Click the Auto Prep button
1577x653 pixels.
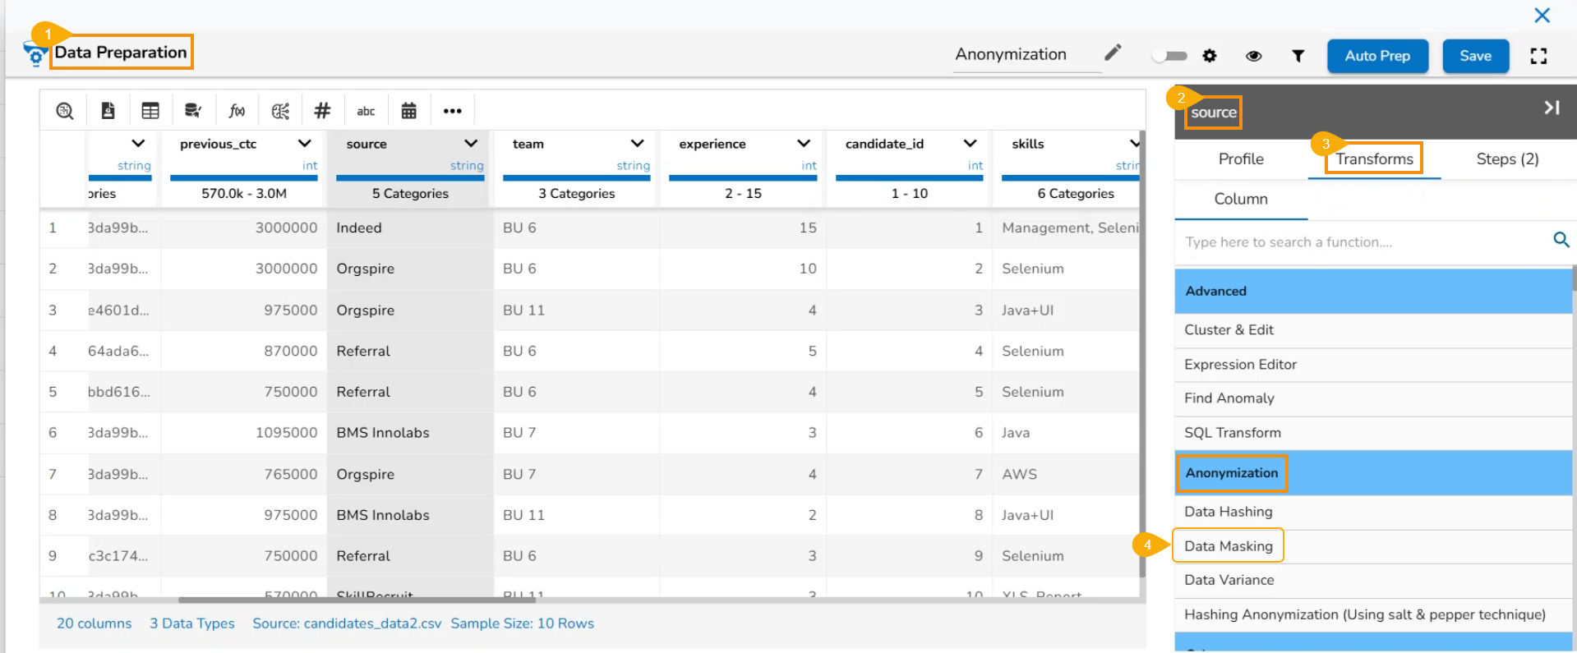[x=1377, y=56]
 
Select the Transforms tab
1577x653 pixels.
[x=1374, y=159]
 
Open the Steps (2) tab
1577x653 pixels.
[x=1507, y=159]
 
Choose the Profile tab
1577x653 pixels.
[x=1241, y=159]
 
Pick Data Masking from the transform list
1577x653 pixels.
[x=1228, y=546]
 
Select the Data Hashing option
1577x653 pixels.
[x=1228, y=512]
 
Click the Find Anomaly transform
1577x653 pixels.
[x=1229, y=398]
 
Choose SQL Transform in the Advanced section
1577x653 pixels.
[x=1232, y=433]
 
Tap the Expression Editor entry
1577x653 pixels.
[x=1240, y=365]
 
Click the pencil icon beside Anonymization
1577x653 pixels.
[x=1113, y=53]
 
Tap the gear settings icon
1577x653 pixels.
[x=1210, y=56]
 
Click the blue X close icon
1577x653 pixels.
[x=1542, y=15]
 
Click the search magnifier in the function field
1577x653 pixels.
[x=1561, y=240]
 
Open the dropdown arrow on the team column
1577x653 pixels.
[x=637, y=144]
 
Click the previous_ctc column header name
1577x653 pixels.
[x=218, y=144]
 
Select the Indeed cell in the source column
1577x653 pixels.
[x=359, y=228]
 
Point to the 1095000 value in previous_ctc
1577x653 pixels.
[x=286, y=433]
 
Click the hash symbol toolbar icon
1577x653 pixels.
[x=322, y=111]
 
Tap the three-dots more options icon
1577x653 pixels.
[x=452, y=111]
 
